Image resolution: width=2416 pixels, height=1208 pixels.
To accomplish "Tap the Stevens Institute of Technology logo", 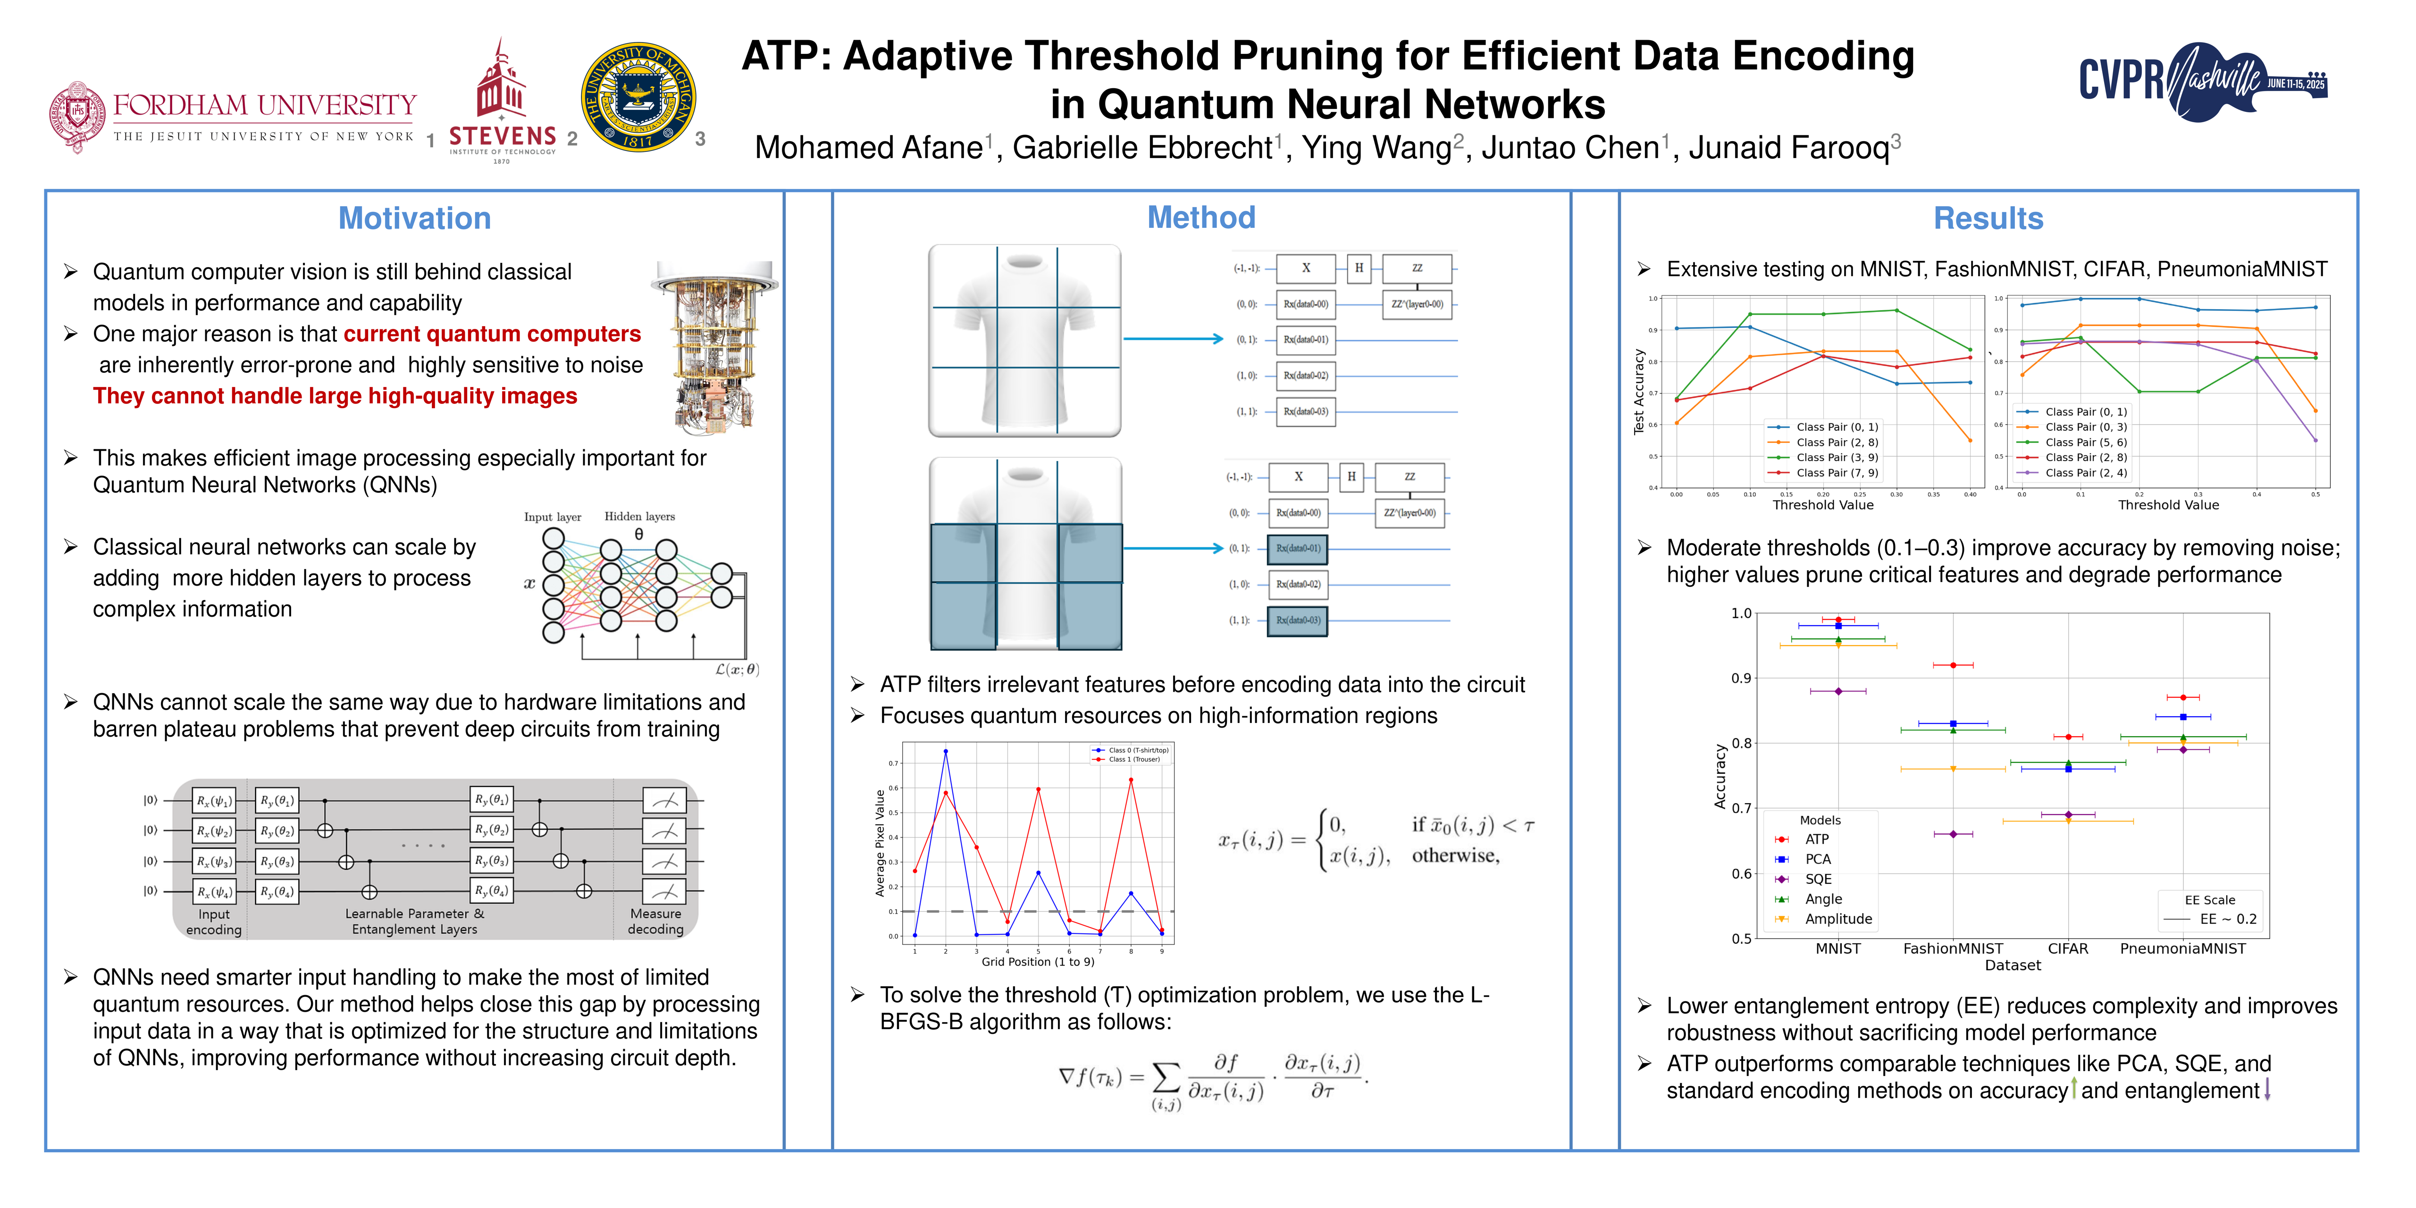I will tap(502, 103).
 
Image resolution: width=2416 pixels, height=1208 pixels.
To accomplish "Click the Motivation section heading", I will tap(415, 218).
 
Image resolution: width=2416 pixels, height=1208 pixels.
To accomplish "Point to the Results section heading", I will tap(1988, 218).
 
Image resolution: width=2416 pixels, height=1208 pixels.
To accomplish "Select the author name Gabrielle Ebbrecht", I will tap(1142, 148).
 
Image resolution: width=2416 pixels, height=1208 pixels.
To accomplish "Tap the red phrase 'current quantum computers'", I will tap(492, 334).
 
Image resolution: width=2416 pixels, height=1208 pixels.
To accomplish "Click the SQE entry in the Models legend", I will tap(1818, 879).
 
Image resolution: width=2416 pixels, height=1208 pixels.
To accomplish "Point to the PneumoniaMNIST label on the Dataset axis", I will tap(2182, 948).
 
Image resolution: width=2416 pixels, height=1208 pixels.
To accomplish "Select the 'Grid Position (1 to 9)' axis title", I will tap(1037, 961).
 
